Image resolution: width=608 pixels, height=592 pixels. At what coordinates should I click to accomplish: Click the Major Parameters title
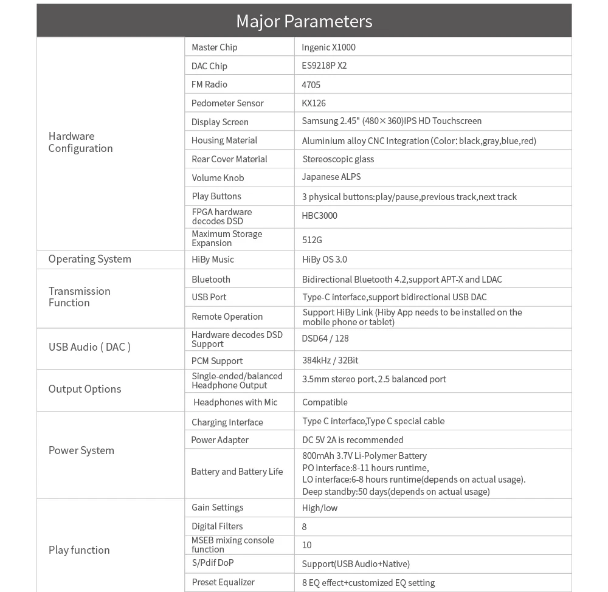click(304, 21)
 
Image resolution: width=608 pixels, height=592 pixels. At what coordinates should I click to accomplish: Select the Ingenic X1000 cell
click(328, 47)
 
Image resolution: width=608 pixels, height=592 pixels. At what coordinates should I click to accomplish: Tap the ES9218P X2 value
click(324, 66)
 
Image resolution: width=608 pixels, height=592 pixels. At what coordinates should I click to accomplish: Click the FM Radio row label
click(209, 84)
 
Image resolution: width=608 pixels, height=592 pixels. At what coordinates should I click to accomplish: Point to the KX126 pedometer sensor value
click(314, 103)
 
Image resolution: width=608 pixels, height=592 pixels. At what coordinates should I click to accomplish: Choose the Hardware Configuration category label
click(80, 142)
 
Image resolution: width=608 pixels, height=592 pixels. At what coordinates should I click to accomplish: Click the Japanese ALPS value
click(331, 177)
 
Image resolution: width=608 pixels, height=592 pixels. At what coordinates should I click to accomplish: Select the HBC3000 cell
click(319, 216)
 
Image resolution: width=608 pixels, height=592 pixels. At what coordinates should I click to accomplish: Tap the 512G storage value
click(312, 240)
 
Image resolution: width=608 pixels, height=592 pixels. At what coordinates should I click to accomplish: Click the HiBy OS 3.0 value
click(324, 260)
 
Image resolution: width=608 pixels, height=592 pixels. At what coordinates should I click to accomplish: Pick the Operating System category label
click(89, 259)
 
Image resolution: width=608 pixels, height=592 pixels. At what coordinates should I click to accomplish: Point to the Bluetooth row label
click(210, 280)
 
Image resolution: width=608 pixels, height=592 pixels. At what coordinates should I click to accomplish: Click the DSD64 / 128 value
click(325, 339)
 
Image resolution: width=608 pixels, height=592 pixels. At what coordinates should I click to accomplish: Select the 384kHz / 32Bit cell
click(330, 360)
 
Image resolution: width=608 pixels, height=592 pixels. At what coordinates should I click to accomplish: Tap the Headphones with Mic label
click(235, 402)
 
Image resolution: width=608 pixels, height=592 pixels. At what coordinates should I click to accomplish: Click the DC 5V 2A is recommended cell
click(352, 440)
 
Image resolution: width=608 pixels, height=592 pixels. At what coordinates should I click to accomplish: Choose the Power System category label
click(81, 450)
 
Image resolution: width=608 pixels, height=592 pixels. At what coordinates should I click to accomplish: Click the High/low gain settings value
click(319, 508)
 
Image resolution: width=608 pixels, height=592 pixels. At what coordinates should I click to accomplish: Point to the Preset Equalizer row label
click(223, 582)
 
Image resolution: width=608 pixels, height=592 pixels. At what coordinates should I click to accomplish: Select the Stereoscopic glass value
click(338, 159)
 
